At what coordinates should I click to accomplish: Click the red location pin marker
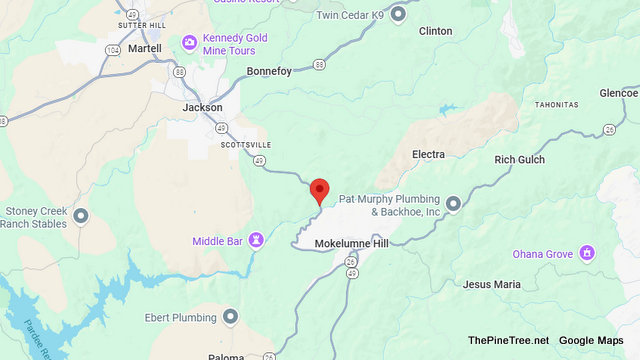tap(320, 189)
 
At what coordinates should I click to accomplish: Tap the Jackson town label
tap(203, 107)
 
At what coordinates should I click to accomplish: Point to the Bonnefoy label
tap(270, 71)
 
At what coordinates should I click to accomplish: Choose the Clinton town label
tap(435, 31)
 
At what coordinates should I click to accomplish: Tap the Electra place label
tap(427, 154)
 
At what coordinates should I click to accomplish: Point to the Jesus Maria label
tap(491, 284)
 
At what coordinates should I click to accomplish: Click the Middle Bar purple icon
tap(257, 240)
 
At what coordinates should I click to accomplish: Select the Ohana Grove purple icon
tap(588, 254)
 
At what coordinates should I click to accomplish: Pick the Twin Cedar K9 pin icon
tap(398, 14)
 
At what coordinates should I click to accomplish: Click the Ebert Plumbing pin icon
tap(231, 318)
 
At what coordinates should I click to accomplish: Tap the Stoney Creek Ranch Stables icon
tap(81, 216)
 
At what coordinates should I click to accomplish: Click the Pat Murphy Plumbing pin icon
tap(453, 204)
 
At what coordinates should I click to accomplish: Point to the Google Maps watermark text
tap(591, 340)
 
